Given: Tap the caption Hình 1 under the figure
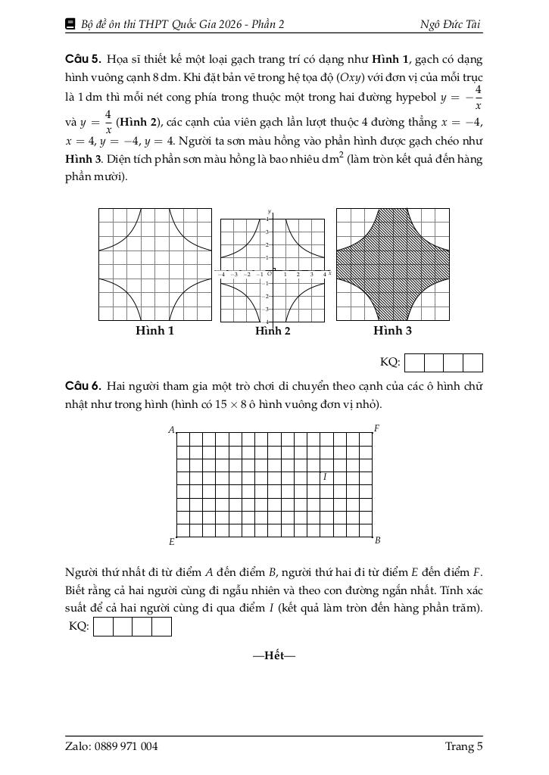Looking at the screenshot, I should point(154,331).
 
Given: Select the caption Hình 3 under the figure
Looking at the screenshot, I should point(392,331).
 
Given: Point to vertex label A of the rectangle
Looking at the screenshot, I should point(172,430).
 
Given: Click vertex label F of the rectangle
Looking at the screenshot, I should point(376,428).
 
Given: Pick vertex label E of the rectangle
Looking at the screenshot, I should point(172,542).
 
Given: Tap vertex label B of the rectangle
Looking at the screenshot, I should point(377,540).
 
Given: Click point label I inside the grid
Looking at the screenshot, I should point(325,477).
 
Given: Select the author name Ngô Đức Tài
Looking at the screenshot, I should point(451,24).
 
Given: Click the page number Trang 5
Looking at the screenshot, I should point(463,746).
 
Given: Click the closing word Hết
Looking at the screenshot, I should point(274,655).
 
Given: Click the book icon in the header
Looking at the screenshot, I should point(71,24).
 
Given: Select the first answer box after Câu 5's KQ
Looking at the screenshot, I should point(415,363).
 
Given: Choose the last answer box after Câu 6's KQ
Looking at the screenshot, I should point(162,627).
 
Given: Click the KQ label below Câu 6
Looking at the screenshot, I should point(79,626).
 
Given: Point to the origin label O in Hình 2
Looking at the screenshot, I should point(270,274).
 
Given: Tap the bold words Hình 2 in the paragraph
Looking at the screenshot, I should point(138,123).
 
